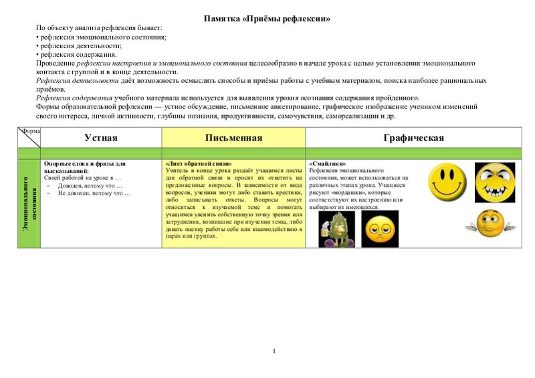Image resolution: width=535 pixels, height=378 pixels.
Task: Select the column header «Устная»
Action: click(x=101, y=138)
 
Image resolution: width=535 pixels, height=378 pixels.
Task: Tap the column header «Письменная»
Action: click(x=233, y=138)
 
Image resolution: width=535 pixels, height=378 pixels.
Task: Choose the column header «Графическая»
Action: click(x=414, y=138)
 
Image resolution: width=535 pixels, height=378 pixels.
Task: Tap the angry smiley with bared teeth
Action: click(x=494, y=182)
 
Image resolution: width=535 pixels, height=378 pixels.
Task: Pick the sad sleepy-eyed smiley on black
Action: click(x=379, y=229)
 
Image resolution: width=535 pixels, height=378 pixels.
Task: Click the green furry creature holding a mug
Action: click(x=336, y=229)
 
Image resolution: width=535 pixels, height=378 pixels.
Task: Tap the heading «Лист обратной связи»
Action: click(x=198, y=163)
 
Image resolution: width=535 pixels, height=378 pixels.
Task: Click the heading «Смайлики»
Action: click(x=328, y=163)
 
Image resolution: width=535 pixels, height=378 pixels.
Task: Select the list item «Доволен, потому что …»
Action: click(x=90, y=185)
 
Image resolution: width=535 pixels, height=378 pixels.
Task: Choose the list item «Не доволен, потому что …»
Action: click(x=94, y=193)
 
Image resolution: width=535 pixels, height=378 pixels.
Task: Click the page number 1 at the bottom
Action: click(x=274, y=351)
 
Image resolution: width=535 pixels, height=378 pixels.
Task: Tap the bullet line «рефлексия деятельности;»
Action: click(x=81, y=46)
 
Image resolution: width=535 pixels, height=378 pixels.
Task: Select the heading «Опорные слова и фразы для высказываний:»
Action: click(x=84, y=167)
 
